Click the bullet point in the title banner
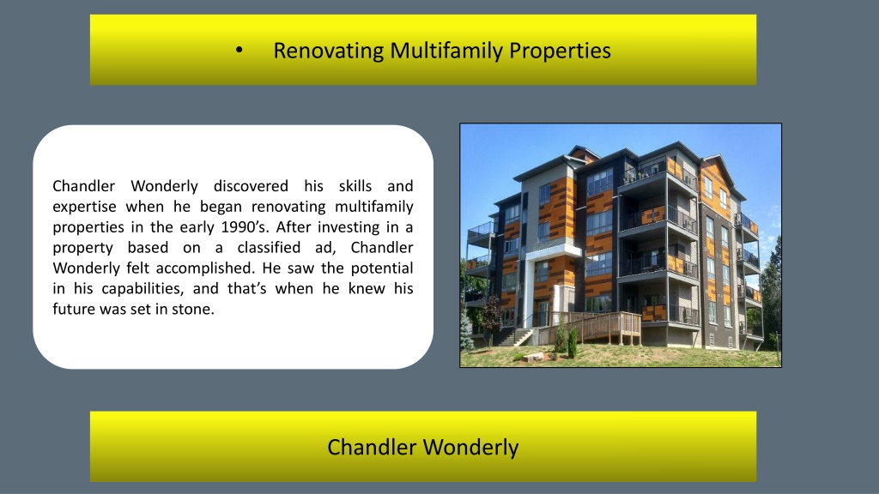[239, 51]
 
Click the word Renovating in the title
[329, 51]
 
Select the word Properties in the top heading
[560, 51]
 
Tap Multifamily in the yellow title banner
[446, 51]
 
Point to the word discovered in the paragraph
[251, 185]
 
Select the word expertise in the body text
[85, 207]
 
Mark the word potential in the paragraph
[382, 268]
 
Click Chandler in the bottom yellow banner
[372, 448]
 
